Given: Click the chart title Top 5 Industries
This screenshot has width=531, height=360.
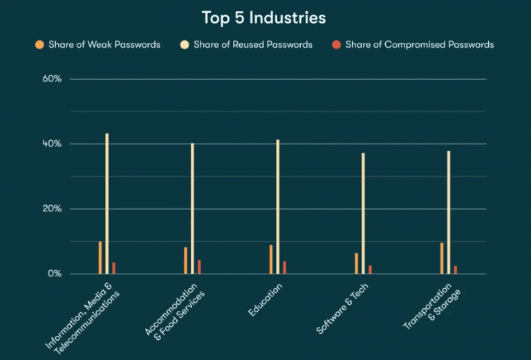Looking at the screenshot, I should [x=263, y=17].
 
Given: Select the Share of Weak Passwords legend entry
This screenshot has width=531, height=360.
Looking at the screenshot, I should [x=104, y=45].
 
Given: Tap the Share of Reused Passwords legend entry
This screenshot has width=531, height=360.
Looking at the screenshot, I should [x=252, y=45].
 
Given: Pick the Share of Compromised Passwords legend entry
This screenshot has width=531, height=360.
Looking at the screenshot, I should [x=420, y=45].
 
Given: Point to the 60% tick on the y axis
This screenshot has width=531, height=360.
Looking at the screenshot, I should [x=52, y=79].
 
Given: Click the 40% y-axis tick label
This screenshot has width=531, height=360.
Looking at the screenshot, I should [x=52, y=144].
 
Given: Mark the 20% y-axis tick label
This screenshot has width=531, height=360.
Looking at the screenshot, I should [x=52, y=209].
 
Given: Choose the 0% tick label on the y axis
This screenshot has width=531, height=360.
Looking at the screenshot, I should [x=55, y=274].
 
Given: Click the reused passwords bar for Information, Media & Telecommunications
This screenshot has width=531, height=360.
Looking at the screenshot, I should [x=106, y=204].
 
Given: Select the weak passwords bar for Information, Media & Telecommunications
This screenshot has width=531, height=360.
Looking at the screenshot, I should [x=100, y=258].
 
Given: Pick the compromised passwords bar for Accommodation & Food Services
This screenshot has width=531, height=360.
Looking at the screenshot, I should [x=199, y=267].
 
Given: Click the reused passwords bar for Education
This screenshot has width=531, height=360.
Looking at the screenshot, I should [x=278, y=207].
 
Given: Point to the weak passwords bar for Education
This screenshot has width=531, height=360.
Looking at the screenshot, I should [x=271, y=259].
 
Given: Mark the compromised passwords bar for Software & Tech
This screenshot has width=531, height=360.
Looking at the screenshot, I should [x=370, y=269].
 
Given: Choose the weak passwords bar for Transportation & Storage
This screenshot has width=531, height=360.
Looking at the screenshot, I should [x=442, y=258].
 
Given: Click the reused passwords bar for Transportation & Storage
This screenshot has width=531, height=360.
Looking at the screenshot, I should [x=449, y=212].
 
